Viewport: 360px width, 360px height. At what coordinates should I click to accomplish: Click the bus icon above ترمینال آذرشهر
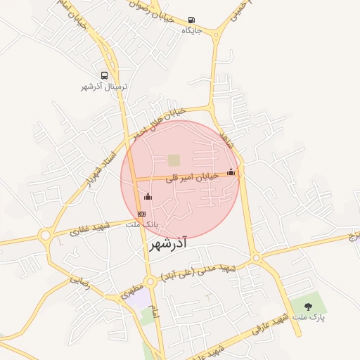point(105,76)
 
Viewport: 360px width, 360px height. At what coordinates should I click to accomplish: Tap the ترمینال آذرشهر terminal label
point(103,87)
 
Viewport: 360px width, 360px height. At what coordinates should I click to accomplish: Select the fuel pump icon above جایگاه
point(192,20)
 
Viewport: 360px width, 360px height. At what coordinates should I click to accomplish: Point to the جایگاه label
point(192,31)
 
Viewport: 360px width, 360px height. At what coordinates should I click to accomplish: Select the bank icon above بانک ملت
point(142,213)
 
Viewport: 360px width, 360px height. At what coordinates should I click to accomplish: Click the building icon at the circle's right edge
point(231,172)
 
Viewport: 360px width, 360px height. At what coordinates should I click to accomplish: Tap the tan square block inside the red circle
point(174,160)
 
